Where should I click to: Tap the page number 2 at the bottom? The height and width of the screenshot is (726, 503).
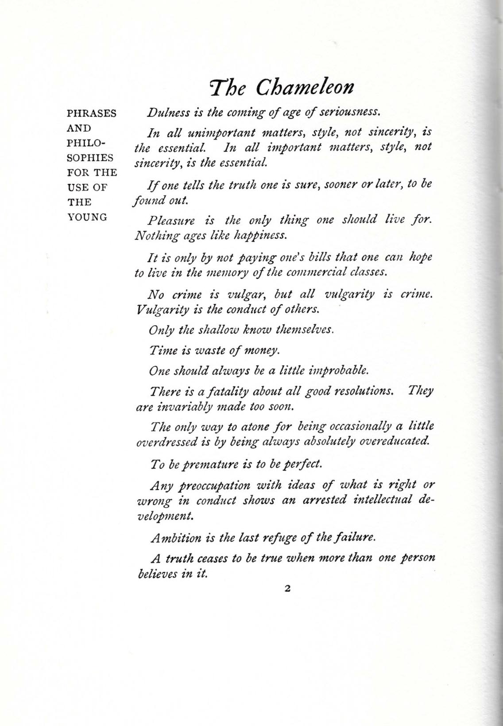coord(287,589)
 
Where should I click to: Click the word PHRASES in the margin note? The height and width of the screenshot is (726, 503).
coord(92,113)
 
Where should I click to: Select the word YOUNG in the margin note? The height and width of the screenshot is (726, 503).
coord(87,217)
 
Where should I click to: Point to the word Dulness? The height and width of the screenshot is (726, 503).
coord(165,112)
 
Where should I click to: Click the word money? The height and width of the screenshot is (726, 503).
coord(263,350)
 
